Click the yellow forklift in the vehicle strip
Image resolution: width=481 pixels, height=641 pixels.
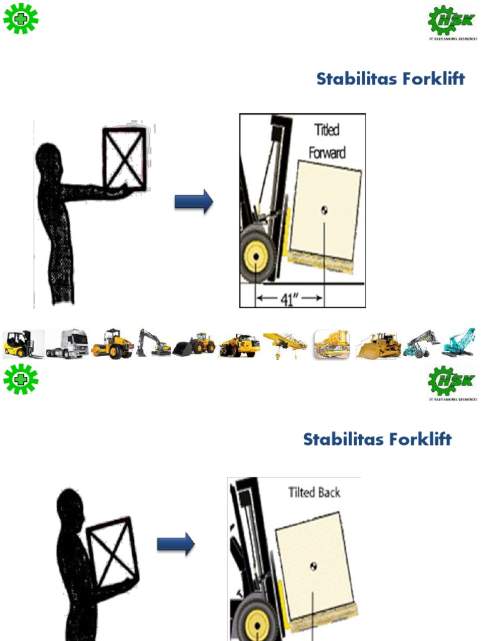pyautogui.click(x=22, y=344)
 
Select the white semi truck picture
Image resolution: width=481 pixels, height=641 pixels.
pyautogui.click(x=67, y=344)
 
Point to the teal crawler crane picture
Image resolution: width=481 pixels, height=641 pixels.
pyautogui.click(x=459, y=344)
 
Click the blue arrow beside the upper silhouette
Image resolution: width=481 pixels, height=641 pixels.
pyautogui.click(x=194, y=202)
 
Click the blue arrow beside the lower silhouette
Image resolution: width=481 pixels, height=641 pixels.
pyautogui.click(x=175, y=545)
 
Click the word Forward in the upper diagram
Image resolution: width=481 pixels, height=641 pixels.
pyautogui.click(x=327, y=153)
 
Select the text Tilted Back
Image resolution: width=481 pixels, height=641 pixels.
pyautogui.click(x=314, y=492)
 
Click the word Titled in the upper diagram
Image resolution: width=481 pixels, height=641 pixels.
pyautogui.click(x=326, y=130)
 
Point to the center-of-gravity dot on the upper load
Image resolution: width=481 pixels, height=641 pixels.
pyautogui.click(x=324, y=210)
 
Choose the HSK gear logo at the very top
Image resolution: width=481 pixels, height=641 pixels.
pyautogui.click(x=452, y=23)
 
